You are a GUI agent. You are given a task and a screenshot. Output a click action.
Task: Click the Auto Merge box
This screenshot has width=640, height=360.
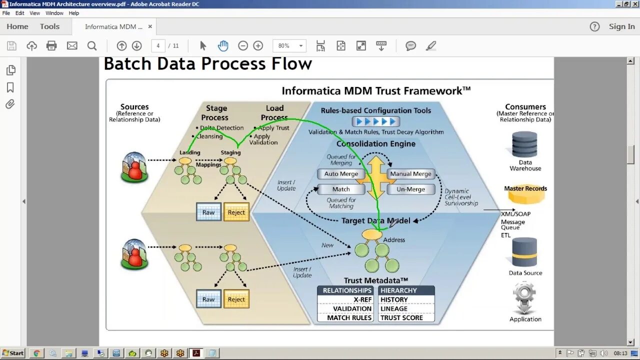click(x=341, y=174)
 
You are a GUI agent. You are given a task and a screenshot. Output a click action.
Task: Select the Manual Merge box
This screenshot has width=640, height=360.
click(x=410, y=174)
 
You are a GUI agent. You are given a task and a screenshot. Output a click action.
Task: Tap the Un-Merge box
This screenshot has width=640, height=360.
click(x=410, y=189)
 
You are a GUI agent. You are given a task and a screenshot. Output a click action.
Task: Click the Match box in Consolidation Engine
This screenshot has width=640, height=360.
click(x=341, y=189)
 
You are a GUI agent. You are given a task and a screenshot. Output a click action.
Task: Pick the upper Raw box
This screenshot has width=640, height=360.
click(x=208, y=212)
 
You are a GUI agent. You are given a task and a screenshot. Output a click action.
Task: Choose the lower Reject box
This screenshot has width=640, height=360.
click(x=236, y=299)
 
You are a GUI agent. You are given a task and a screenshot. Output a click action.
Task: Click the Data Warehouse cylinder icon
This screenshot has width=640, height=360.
click(x=524, y=145)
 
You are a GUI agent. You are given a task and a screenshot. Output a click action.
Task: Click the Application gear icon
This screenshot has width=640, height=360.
click(x=524, y=298)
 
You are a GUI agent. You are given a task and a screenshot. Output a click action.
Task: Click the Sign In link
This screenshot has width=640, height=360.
click(x=621, y=26)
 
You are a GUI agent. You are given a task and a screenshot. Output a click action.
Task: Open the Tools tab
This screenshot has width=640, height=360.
click(x=49, y=26)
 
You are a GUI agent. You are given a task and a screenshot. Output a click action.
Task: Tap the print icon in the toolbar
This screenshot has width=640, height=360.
click(x=51, y=46)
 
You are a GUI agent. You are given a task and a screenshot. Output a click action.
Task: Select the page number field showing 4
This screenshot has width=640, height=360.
click(x=158, y=46)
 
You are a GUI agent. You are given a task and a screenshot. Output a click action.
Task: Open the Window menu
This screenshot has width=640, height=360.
click(x=54, y=13)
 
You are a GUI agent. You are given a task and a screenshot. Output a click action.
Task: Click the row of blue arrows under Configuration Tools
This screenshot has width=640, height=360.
click(x=375, y=121)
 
